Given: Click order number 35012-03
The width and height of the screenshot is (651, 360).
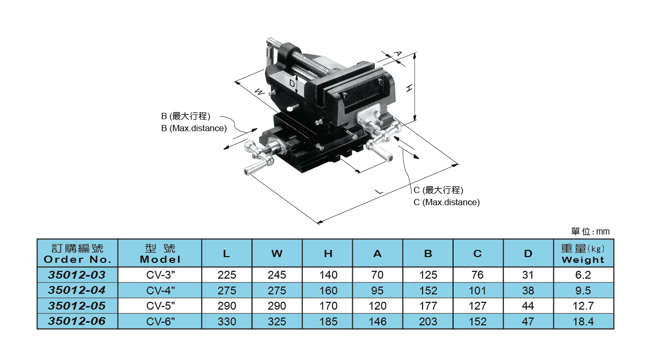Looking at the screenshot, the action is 77,274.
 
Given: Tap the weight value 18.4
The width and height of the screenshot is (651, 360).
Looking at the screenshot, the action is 583,321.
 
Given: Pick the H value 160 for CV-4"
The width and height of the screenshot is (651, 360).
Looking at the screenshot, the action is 328,290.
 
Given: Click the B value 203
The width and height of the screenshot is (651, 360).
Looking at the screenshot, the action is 428,321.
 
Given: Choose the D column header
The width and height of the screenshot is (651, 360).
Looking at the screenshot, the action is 528,253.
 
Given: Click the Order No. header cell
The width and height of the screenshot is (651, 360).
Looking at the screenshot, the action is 77,253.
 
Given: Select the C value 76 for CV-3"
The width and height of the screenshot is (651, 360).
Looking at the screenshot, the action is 478,274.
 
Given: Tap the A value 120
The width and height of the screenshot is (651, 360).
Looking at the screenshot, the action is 377,305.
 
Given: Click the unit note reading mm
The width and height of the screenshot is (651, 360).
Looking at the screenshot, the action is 603,231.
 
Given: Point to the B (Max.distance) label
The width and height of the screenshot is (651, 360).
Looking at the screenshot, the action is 194,128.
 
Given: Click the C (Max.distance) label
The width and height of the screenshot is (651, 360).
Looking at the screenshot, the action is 446,202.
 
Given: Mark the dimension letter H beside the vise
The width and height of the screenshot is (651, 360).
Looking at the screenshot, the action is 409,88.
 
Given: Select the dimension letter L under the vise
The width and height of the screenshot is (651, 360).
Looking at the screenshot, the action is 379,192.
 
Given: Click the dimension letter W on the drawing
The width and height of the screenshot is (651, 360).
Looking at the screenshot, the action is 259,92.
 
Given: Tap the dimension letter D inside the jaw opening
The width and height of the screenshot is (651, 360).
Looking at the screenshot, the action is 292,83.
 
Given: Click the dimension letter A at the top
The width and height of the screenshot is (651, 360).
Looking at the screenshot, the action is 397,54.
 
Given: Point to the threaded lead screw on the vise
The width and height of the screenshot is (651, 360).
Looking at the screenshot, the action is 302,60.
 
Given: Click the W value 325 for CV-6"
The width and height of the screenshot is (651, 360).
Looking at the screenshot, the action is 277,321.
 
